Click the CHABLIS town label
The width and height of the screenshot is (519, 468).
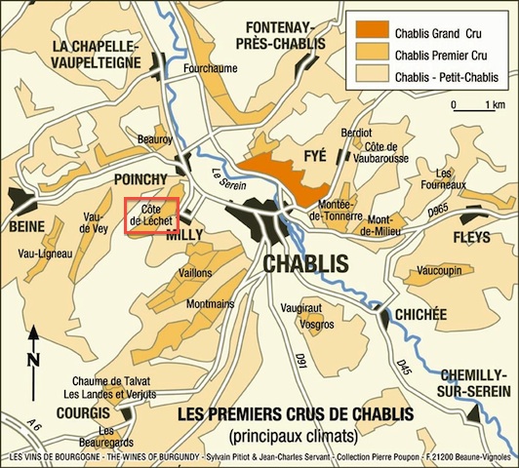coord(305,264)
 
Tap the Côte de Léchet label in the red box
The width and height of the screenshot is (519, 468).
coord(150,215)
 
